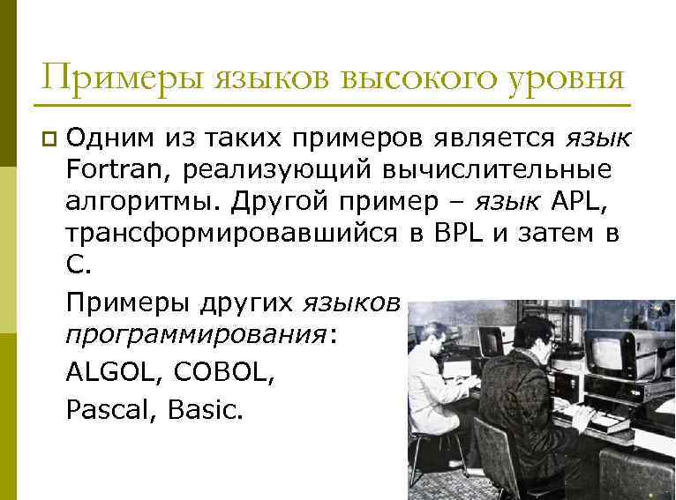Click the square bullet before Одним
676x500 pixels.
coord(48,138)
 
